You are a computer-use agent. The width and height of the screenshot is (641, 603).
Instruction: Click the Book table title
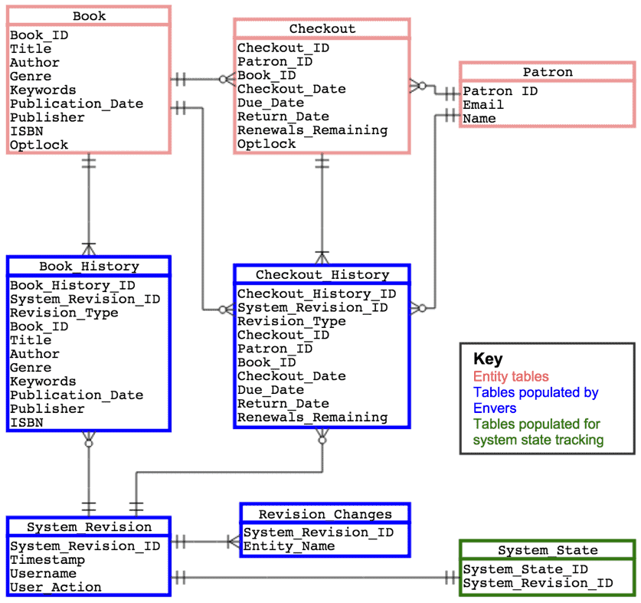(x=89, y=16)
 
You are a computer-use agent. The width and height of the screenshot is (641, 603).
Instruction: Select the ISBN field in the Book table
(x=26, y=131)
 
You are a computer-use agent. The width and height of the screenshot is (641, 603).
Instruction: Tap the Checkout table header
(x=322, y=29)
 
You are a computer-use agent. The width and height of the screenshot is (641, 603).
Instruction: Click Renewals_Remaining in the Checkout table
(x=312, y=130)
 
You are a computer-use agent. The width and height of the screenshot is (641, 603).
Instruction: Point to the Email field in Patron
(x=483, y=105)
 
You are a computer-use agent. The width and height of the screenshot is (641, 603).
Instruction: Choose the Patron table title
(x=548, y=72)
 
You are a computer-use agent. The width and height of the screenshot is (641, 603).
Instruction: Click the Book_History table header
(x=89, y=267)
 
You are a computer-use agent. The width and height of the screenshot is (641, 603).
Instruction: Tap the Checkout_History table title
(x=322, y=274)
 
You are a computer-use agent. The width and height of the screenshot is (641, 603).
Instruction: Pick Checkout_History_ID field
(x=316, y=293)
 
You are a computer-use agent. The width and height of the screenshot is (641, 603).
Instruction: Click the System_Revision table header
(x=89, y=527)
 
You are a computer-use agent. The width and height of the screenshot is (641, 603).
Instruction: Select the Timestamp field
(x=47, y=560)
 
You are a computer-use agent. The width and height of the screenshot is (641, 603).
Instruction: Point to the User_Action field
(x=55, y=588)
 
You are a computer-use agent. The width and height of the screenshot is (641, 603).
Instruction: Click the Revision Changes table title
(x=325, y=514)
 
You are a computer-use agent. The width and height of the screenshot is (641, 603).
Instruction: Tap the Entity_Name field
(x=289, y=546)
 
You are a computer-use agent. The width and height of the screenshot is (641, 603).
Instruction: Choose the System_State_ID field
(x=525, y=569)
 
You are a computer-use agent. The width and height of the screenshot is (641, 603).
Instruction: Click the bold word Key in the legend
(x=488, y=359)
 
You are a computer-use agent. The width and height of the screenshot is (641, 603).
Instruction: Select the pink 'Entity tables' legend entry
(x=511, y=376)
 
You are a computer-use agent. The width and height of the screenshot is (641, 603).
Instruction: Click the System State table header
(x=547, y=550)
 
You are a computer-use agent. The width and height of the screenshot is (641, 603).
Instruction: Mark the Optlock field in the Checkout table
(x=266, y=144)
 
